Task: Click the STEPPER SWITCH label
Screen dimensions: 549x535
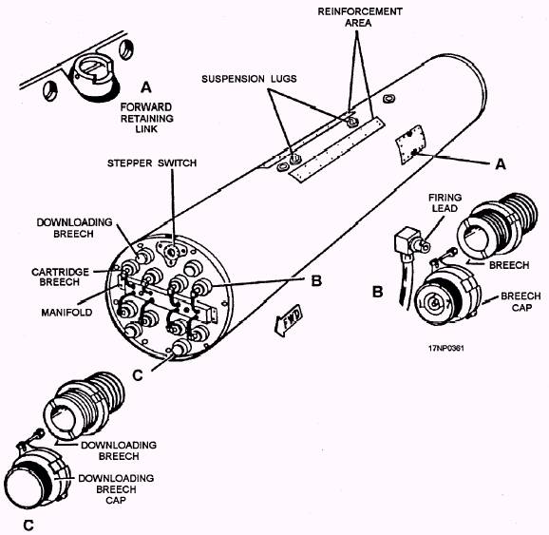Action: point(152,163)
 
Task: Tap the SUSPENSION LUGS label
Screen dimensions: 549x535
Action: point(249,79)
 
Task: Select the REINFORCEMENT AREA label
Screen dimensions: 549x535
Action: point(360,17)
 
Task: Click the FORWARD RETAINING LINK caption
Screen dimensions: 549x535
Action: point(146,118)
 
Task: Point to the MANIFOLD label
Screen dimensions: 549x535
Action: point(66,313)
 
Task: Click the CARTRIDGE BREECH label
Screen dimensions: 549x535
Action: point(60,277)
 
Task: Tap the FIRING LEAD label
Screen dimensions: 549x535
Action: point(445,202)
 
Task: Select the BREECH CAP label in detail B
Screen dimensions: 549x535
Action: point(521,301)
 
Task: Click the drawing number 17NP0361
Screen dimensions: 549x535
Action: point(446,348)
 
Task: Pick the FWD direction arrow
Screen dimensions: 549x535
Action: point(289,320)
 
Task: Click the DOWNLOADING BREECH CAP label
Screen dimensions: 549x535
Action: point(116,489)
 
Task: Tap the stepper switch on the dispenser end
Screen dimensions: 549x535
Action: point(171,252)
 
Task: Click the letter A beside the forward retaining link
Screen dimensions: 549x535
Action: point(146,87)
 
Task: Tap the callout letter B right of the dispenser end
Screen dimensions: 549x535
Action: point(316,280)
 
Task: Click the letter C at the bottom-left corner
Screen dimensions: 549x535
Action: point(28,525)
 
